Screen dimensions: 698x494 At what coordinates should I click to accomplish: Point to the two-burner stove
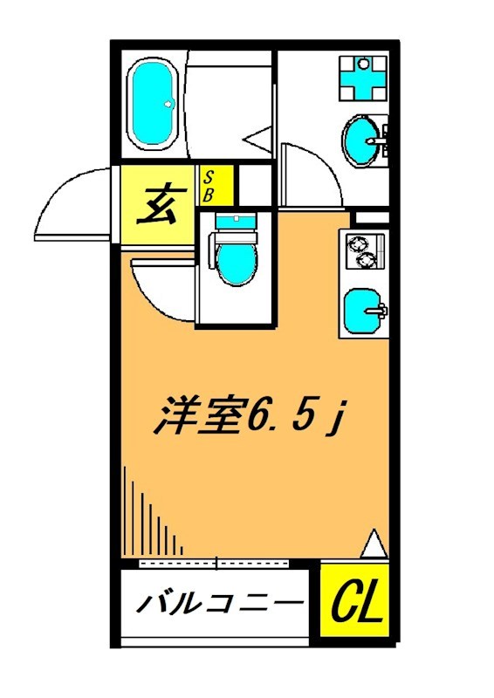click(x=361, y=251)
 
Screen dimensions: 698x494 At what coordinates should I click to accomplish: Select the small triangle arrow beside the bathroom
click(x=257, y=139)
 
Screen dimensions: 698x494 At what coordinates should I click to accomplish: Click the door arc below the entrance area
click(x=161, y=288)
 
